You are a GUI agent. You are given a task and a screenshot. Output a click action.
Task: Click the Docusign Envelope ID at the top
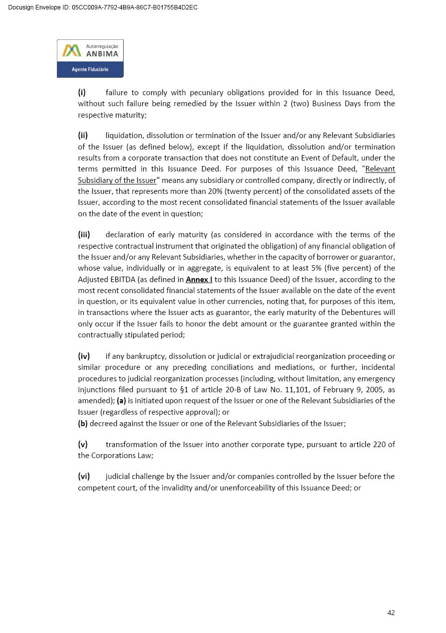pos(103,7)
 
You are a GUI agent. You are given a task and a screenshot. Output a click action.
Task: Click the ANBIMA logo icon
pos(71,50)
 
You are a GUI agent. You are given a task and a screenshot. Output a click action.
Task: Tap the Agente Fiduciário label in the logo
pos(90,69)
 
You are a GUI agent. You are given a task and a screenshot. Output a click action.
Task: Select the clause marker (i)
pos(82,93)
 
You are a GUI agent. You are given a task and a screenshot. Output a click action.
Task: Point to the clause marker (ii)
pos(83,136)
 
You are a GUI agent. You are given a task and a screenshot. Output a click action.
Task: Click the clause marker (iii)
pos(84,235)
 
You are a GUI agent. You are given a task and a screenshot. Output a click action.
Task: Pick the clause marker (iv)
pos(84,356)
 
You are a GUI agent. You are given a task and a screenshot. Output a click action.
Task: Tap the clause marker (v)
pos(83,445)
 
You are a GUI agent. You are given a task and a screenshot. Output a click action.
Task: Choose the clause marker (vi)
pos(84,476)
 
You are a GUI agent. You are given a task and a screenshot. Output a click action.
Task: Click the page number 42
pos(391,613)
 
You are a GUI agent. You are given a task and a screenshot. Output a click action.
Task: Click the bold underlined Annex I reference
pos(199,280)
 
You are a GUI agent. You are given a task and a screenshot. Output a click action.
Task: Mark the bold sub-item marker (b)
pos(83,424)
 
